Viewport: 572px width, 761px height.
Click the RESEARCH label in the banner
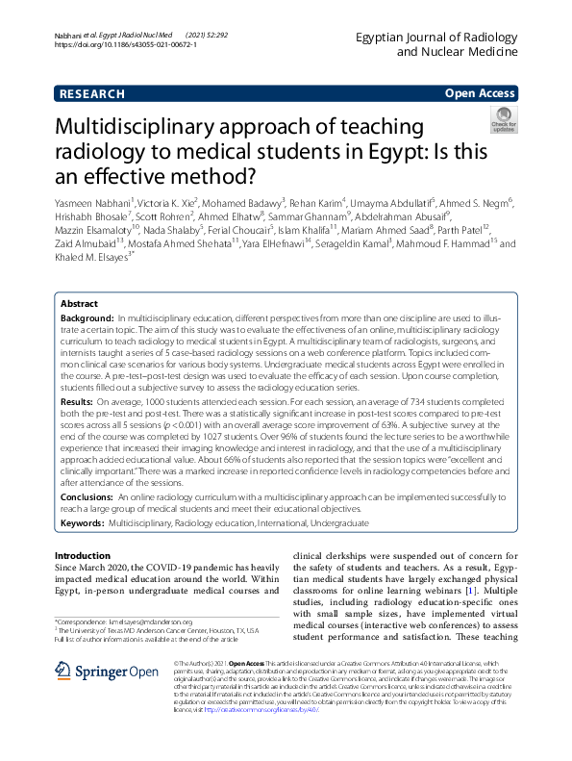coord(91,93)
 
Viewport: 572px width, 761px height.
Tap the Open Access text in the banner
coord(480,93)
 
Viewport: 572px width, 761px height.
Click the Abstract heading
coord(80,301)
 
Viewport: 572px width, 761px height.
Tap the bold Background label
coord(88,317)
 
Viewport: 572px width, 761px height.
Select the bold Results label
coord(78,399)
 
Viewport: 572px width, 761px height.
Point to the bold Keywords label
coord(82,521)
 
